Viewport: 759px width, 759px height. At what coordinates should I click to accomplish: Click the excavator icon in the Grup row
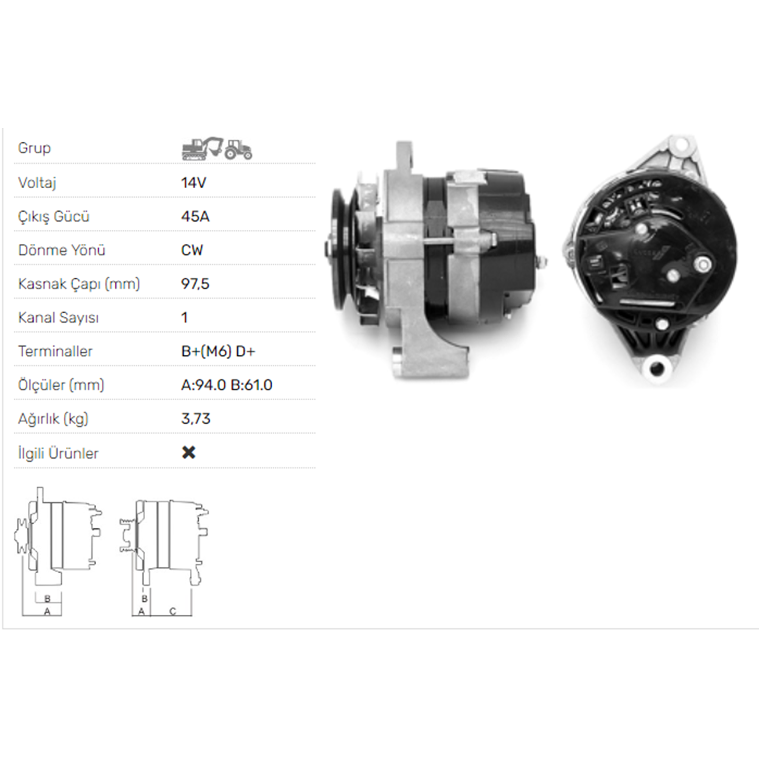[202, 148]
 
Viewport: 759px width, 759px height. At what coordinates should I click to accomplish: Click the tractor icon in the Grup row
[238, 150]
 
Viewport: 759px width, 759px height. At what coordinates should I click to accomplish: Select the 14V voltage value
[194, 183]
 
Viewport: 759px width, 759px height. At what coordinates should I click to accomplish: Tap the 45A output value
[195, 217]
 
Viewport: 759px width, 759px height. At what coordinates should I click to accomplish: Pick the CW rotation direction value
[192, 250]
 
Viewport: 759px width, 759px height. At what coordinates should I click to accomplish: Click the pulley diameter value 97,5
[195, 284]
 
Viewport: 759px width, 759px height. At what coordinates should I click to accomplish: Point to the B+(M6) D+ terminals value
[218, 351]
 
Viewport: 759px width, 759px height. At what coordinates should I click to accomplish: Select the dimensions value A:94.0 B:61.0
[227, 385]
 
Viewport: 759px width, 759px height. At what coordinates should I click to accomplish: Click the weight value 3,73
[196, 419]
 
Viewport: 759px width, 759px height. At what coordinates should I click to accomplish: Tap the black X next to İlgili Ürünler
[189, 452]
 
